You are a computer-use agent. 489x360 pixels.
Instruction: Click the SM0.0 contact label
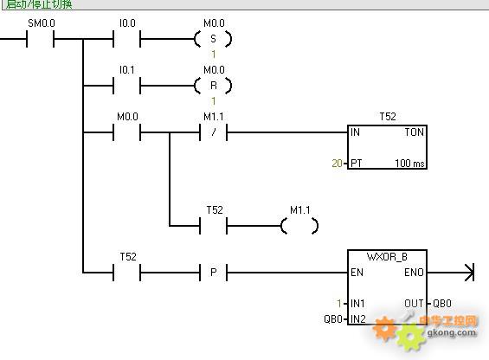[42, 23]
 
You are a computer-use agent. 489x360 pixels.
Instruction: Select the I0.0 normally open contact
[127, 39]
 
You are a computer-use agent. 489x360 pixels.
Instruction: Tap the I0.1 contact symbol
[127, 86]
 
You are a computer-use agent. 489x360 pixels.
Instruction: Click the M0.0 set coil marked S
[213, 39]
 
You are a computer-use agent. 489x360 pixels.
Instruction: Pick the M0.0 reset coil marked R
[213, 86]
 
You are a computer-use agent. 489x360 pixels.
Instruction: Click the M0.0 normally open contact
[127, 132]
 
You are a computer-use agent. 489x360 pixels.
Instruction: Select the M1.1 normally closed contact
[213, 132]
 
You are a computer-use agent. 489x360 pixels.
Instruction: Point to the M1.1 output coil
[299, 226]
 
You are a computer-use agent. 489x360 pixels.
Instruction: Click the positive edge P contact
[213, 273]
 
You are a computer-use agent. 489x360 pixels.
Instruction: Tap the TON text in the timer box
[415, 132]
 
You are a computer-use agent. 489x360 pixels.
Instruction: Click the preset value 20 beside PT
[338, 164]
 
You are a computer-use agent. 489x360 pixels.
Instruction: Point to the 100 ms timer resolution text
[409, 164]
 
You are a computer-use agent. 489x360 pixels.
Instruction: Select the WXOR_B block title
[387, 257]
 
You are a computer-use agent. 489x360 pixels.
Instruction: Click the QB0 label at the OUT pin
[442, 303]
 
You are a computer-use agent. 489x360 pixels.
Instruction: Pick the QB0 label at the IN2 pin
[333, 318]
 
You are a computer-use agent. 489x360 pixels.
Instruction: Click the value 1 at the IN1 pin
[339, 303]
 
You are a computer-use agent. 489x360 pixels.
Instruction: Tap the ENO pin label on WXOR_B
[415, 273]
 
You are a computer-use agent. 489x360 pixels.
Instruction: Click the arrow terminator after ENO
[469, 273]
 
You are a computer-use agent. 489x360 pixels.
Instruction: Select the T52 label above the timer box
[388, 117]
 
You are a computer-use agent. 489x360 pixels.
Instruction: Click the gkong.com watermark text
[452, 332]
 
